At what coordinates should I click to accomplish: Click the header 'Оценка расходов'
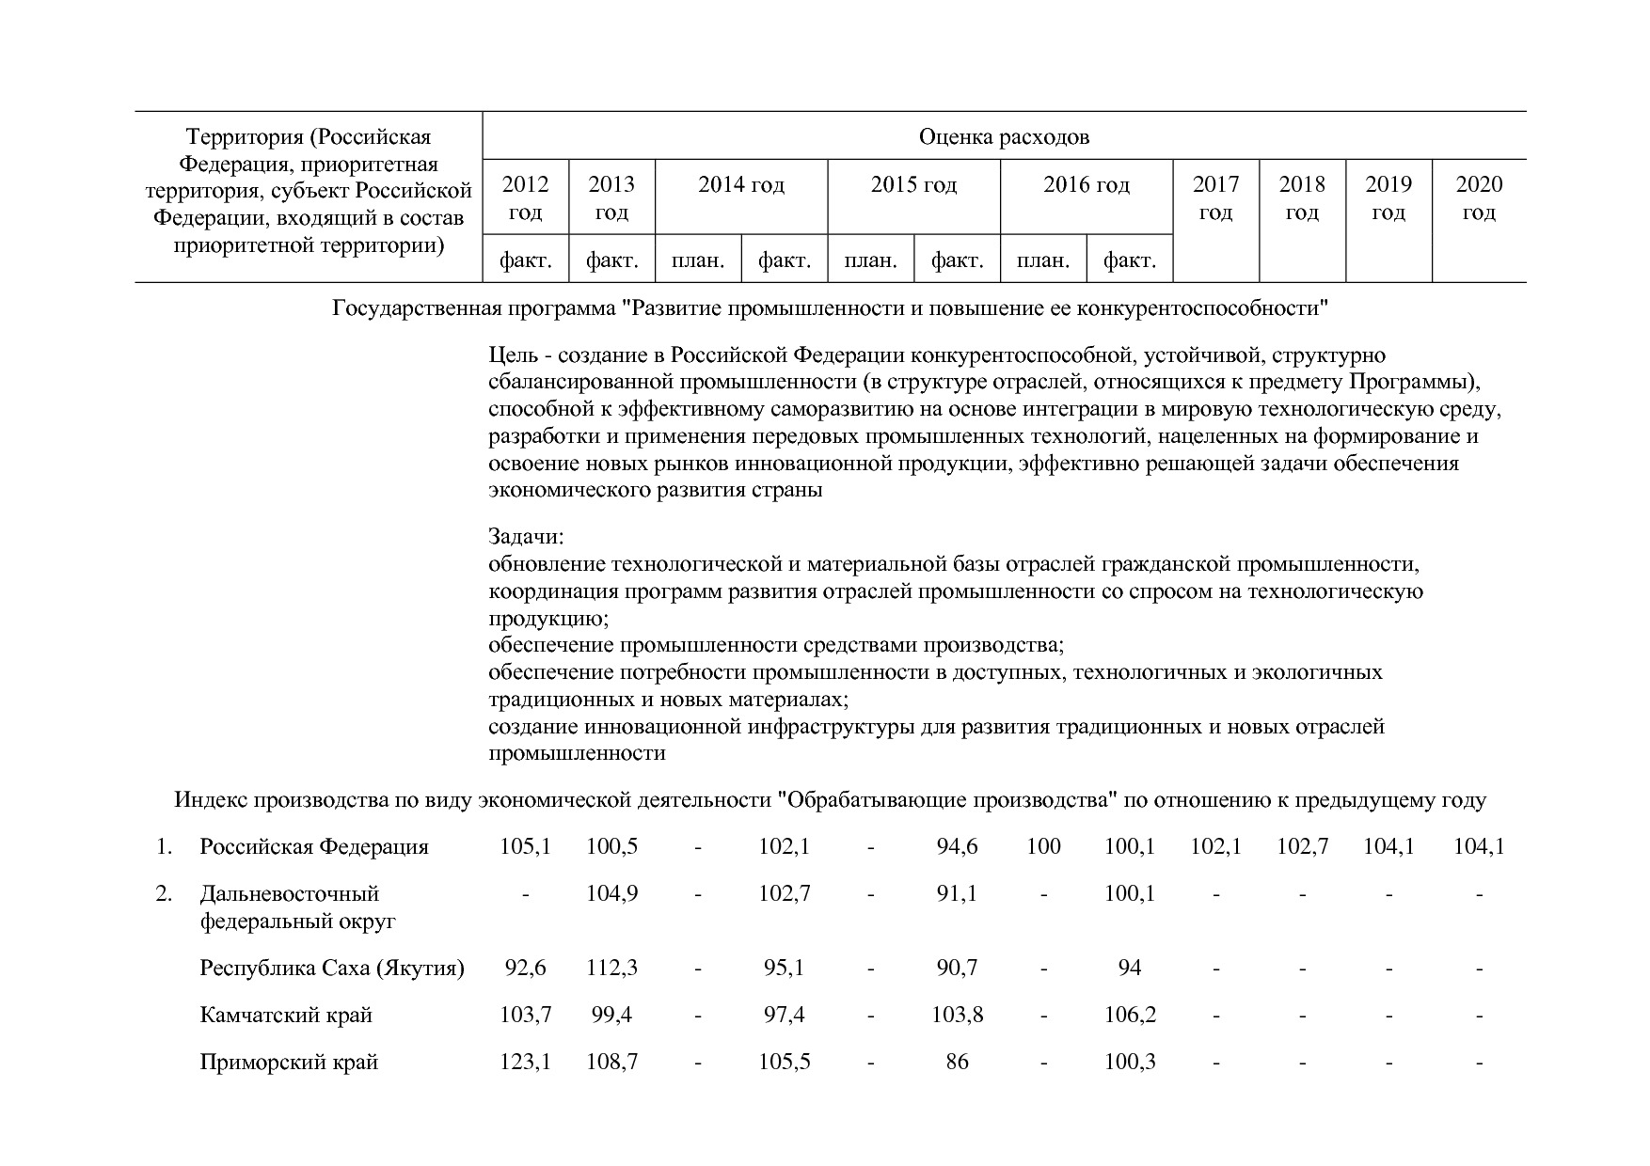1004,137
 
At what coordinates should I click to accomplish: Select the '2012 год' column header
525,197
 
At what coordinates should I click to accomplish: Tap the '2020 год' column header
1479,197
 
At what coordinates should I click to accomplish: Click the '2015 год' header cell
913,184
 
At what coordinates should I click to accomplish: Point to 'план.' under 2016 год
1043,260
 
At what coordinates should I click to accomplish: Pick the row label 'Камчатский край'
286,1016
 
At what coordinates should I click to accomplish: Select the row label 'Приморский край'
289,1063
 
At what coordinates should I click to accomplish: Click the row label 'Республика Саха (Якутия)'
332,969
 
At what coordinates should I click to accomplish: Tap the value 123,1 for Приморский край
525,1063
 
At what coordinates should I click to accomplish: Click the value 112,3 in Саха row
611,969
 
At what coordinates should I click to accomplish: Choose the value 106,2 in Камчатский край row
1130,1016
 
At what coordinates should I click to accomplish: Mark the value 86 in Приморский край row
957,1063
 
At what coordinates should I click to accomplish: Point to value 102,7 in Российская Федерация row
1302,847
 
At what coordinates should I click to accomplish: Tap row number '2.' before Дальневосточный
164,893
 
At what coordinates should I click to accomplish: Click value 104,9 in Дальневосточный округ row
611,893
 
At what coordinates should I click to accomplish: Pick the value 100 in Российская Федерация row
1043,847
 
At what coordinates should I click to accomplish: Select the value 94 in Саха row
1130,969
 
